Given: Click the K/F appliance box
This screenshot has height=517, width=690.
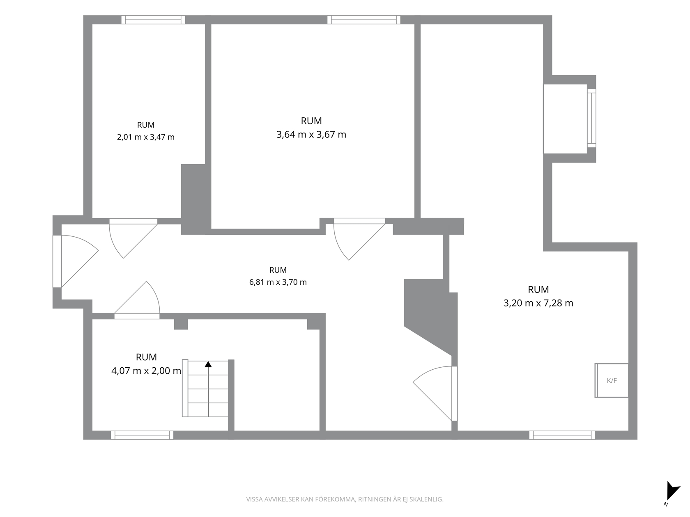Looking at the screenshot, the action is point(612,380).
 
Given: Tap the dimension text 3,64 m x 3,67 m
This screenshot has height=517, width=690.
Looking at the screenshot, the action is point(311,135).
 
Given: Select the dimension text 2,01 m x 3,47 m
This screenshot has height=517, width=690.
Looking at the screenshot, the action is point(145,137).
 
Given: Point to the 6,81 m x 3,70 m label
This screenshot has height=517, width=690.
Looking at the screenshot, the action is point(278,282).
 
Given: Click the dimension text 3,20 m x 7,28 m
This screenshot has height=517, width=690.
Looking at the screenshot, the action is point(538,303).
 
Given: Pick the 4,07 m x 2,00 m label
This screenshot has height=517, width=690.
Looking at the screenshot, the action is point(146,371).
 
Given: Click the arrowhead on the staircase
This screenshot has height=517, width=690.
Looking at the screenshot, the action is point(208,364).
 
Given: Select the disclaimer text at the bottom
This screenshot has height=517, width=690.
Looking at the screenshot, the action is point(345,499).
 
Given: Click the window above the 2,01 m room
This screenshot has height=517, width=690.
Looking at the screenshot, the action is point(153,20).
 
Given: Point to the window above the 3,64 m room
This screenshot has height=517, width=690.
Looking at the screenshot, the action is point(364,20).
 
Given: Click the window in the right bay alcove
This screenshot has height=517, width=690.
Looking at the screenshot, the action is point(591,118).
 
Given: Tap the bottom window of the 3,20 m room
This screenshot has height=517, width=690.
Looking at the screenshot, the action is point(562,435).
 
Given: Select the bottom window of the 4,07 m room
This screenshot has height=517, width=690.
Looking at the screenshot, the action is point(142,435).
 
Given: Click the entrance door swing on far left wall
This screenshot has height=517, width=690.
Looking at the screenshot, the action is point(76,261).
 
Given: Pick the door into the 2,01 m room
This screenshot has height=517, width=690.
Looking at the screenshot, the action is point(133,238).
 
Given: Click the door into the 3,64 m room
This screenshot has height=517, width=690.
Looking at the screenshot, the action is point(359,239).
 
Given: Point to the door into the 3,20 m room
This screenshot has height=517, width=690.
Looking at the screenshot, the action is point(435,393).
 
